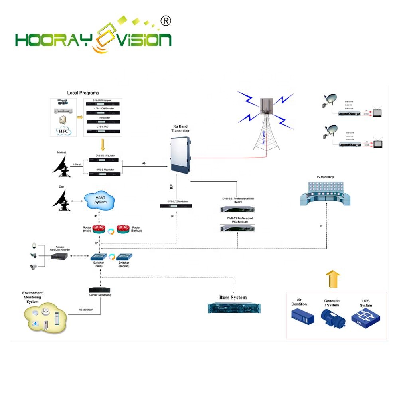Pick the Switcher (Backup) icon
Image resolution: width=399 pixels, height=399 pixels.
124,257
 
